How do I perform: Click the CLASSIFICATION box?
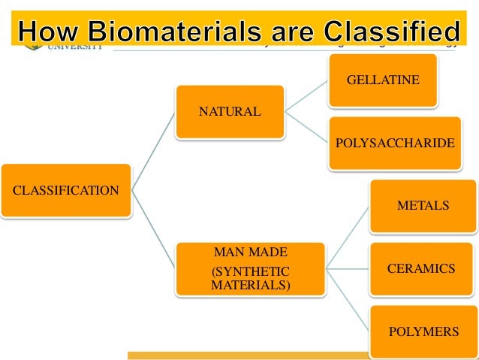(65, 190)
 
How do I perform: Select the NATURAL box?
(230, 112)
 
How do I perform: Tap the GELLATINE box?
(382, 80)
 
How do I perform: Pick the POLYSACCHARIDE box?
(394, 142)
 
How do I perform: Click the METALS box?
(423, 205)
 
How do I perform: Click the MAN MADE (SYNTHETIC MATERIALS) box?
(250, 268)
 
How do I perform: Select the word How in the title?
(50, 32)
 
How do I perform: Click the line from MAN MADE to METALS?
(347, 236)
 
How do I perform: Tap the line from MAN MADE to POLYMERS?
(347, 299)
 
